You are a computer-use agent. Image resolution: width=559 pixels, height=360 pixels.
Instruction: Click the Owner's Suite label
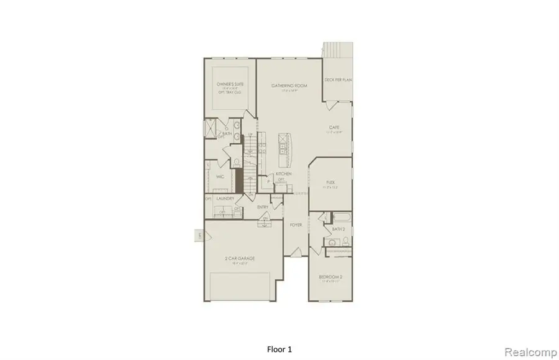[x=229, y=84]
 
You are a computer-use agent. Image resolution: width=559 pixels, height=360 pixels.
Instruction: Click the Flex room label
[x=331, y=182]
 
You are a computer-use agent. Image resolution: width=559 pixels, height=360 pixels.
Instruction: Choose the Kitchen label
[x=284, y=174]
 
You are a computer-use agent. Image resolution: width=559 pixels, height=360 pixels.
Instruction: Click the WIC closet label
[x=219, y=176]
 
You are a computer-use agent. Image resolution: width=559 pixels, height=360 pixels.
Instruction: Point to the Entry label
[x=262, y=207]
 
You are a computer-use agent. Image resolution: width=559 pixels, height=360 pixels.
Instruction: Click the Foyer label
[x=296, y=225]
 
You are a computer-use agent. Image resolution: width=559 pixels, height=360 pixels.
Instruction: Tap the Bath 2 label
[x=338, y=230]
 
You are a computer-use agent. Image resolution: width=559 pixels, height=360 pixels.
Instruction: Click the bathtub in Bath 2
[x=340, y=218]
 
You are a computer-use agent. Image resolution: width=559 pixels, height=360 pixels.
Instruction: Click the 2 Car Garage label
[x=240, y=258]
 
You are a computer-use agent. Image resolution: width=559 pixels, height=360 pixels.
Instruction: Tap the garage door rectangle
[x=240, y=286]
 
